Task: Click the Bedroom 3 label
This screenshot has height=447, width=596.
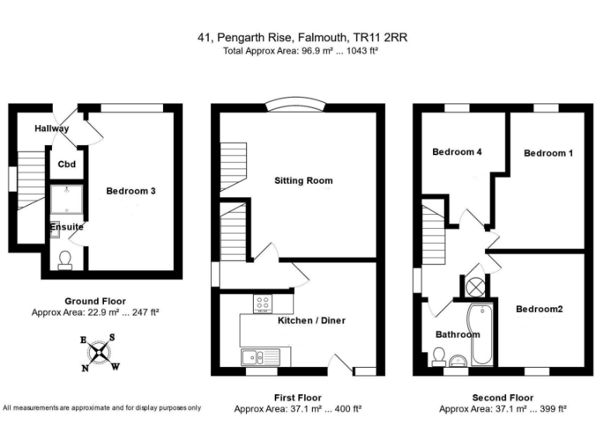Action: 130,191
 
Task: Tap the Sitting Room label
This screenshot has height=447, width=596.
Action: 303,181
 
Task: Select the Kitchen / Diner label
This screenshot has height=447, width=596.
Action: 311,321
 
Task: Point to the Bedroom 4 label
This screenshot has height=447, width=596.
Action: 457,152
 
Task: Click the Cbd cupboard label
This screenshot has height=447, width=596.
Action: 67,165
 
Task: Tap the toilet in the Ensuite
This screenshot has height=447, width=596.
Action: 65,260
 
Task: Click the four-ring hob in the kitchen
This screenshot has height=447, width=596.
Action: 262,303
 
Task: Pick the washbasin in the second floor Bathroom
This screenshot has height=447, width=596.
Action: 459,360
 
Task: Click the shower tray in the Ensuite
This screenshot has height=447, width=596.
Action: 67,199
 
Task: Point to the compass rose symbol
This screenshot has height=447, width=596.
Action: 99,353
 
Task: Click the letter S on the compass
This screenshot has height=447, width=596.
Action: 112,337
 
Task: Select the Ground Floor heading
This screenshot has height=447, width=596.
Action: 95,301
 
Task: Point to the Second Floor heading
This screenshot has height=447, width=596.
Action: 503,397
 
